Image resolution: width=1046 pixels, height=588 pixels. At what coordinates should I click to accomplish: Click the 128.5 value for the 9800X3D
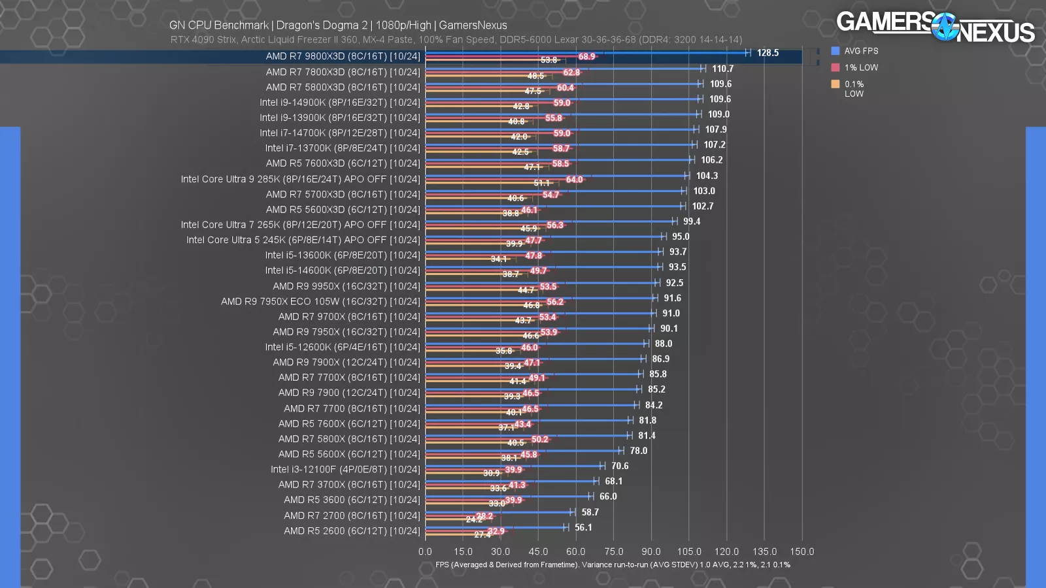click(x=768, y=53)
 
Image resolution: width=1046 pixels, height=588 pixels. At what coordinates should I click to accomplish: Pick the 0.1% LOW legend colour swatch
click(x=835, y=84)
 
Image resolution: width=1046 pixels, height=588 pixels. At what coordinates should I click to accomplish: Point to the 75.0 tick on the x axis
click(x=613, y=551)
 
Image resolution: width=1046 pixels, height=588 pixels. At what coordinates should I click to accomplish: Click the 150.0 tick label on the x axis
click(x=802, y=551)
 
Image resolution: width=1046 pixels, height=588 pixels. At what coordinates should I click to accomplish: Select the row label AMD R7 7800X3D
click(x=343, y=72)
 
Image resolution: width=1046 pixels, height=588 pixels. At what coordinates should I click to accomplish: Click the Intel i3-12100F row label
click(x=345, y=469)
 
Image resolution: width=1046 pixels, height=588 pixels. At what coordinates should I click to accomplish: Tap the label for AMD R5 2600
click(x=352, y=531)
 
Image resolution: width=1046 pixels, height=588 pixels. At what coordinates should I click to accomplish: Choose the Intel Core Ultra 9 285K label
click(x=300, y=179)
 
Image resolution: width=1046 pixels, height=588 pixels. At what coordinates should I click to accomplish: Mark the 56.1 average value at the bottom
click(x=583, y=527)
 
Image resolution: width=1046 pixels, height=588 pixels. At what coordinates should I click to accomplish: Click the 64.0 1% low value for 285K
click(x=574, y=180)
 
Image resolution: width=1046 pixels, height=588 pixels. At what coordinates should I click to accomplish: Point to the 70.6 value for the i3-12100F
click(x=620, y=466)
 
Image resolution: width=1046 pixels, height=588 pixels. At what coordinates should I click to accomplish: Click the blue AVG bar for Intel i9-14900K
click(x=562, y=99)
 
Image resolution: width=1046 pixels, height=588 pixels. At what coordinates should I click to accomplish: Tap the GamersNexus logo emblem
click(x=944, y=27)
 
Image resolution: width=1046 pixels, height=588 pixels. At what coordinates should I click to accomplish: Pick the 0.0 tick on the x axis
click(x=425, y=551)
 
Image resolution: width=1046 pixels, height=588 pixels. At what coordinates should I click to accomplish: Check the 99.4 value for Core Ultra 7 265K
click(x=692, y=221)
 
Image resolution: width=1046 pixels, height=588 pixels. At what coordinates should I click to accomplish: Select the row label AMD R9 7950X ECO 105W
click(x=320, y=301)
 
